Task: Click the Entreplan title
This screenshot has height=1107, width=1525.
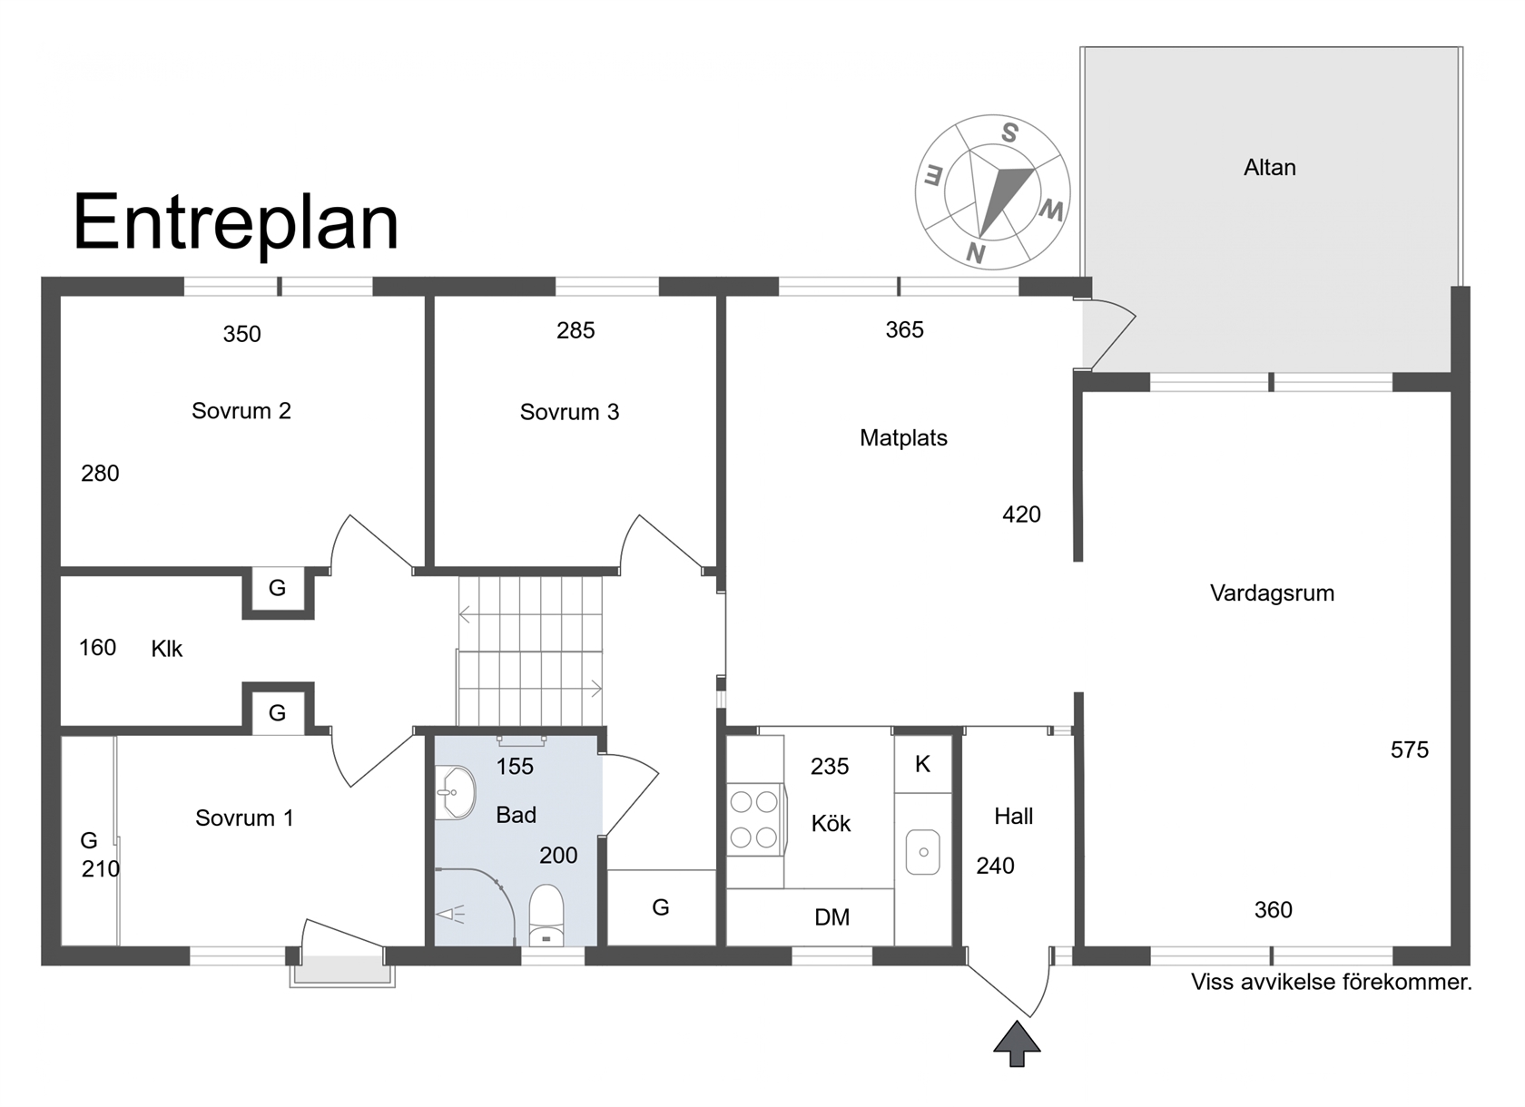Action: click(x=236, y=223)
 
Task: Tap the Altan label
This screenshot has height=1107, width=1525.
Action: click(x=1270, y=167)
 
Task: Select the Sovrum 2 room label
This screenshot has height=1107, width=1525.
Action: click(x=241, y=411)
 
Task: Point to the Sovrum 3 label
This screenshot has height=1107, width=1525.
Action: click(x=569, y=412)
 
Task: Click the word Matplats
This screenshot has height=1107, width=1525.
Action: click(x=903, y=437)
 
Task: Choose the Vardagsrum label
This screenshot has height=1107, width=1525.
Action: click(x=1272, y=593)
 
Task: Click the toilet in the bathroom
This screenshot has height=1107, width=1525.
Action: click(x=546, y=915)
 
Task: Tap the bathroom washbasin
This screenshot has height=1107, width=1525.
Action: click(x=455, y=793)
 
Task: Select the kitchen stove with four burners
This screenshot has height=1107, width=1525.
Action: click(x=754, y=819)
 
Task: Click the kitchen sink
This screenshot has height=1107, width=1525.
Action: click(x=922, y=852)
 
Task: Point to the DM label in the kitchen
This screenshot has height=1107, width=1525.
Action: click(x=831, y=917)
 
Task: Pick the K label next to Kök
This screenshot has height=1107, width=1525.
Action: click(x=922, y=764)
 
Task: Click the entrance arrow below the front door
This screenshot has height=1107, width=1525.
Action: click(x=1017, y=1043)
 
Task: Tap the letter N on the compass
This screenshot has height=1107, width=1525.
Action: click(x=976, y=253)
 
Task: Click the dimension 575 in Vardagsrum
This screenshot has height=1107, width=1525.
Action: click(x=1409, y=749)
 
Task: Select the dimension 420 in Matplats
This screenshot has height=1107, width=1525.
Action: click(x=1021, y=514)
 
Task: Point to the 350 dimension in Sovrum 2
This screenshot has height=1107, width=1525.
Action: click(x=241, y=334)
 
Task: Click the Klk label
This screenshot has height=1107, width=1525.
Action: click(x=167, y=649)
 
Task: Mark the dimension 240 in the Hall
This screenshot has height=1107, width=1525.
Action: click(x=995, y=866)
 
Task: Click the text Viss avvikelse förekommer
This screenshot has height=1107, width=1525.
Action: click(x=1332, y=982)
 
